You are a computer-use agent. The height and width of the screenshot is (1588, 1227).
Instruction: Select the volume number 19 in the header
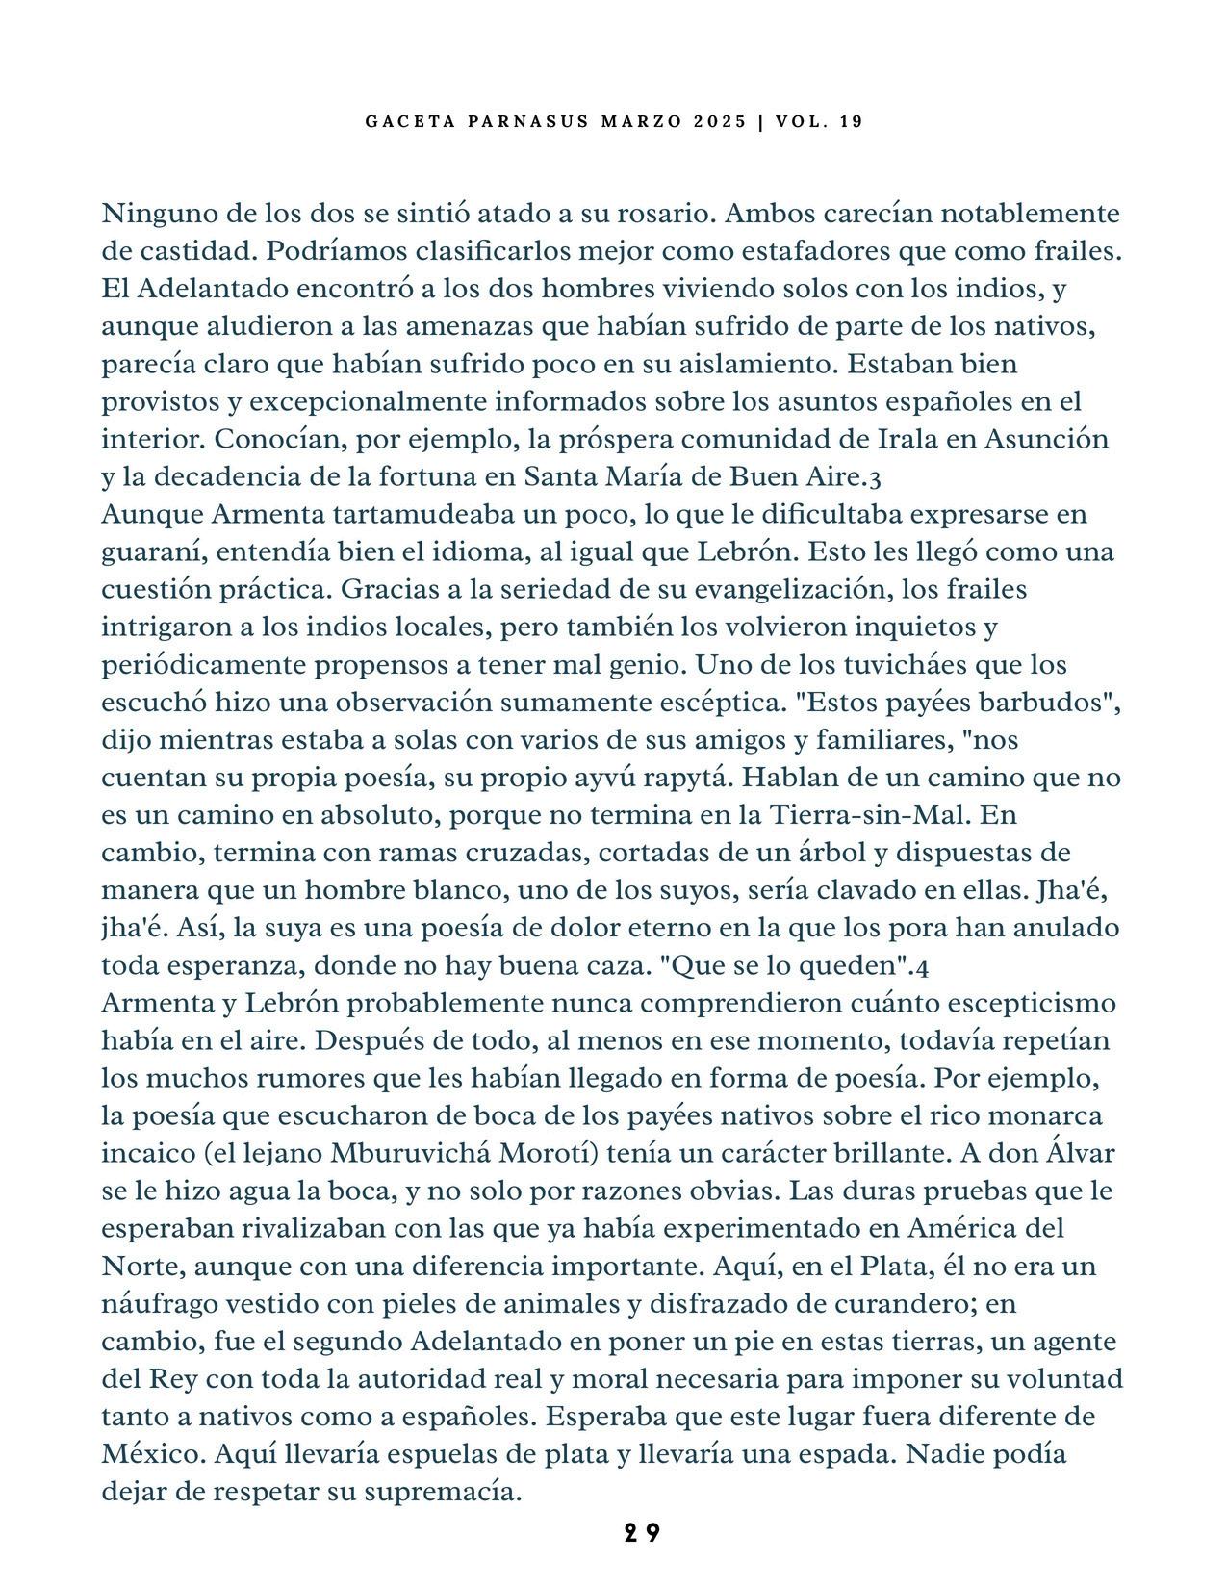click(851, 122)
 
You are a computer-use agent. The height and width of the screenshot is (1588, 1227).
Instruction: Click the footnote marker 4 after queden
click(923, 966)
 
